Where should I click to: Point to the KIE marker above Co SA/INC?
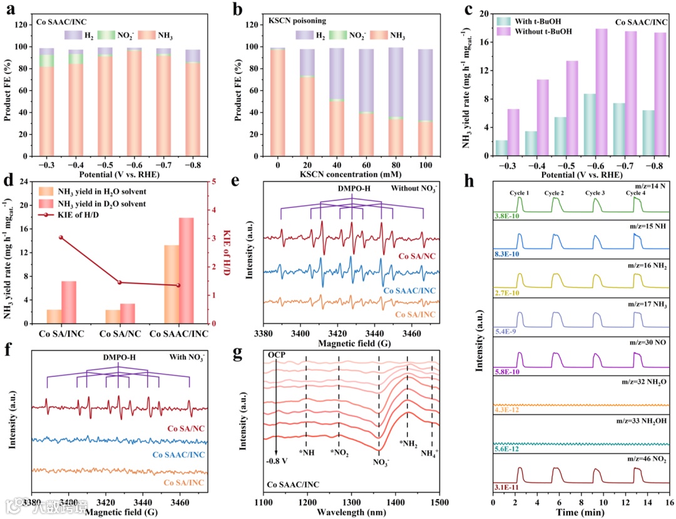[61, 238]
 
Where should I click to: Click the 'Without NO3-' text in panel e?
[416, 188]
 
